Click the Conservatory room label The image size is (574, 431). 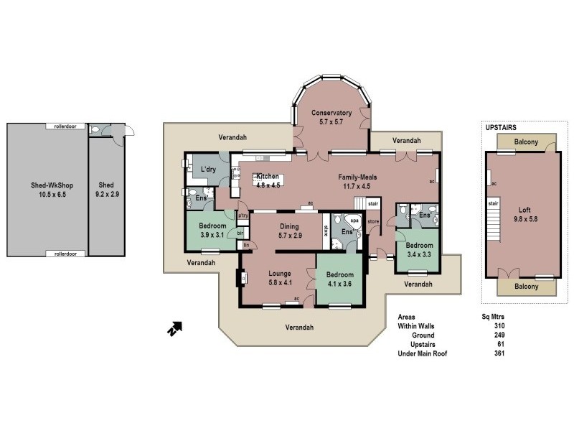(x=330, y=113)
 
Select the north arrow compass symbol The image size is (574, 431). (x=174, y=329)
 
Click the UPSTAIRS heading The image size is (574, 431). (x=502, y=127)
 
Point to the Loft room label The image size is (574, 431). (x=526, y=210)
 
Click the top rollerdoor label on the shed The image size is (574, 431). (x=70, y=126)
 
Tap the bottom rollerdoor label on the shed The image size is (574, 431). (x=70, y=254)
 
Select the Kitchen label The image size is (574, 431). (x=268, y=177)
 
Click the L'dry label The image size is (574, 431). (x=209, y=169)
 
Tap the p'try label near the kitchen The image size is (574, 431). (x=243, y=215)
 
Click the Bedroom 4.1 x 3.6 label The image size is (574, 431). (x=339, y=275)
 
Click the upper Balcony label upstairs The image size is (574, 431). (x=526, y=142)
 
